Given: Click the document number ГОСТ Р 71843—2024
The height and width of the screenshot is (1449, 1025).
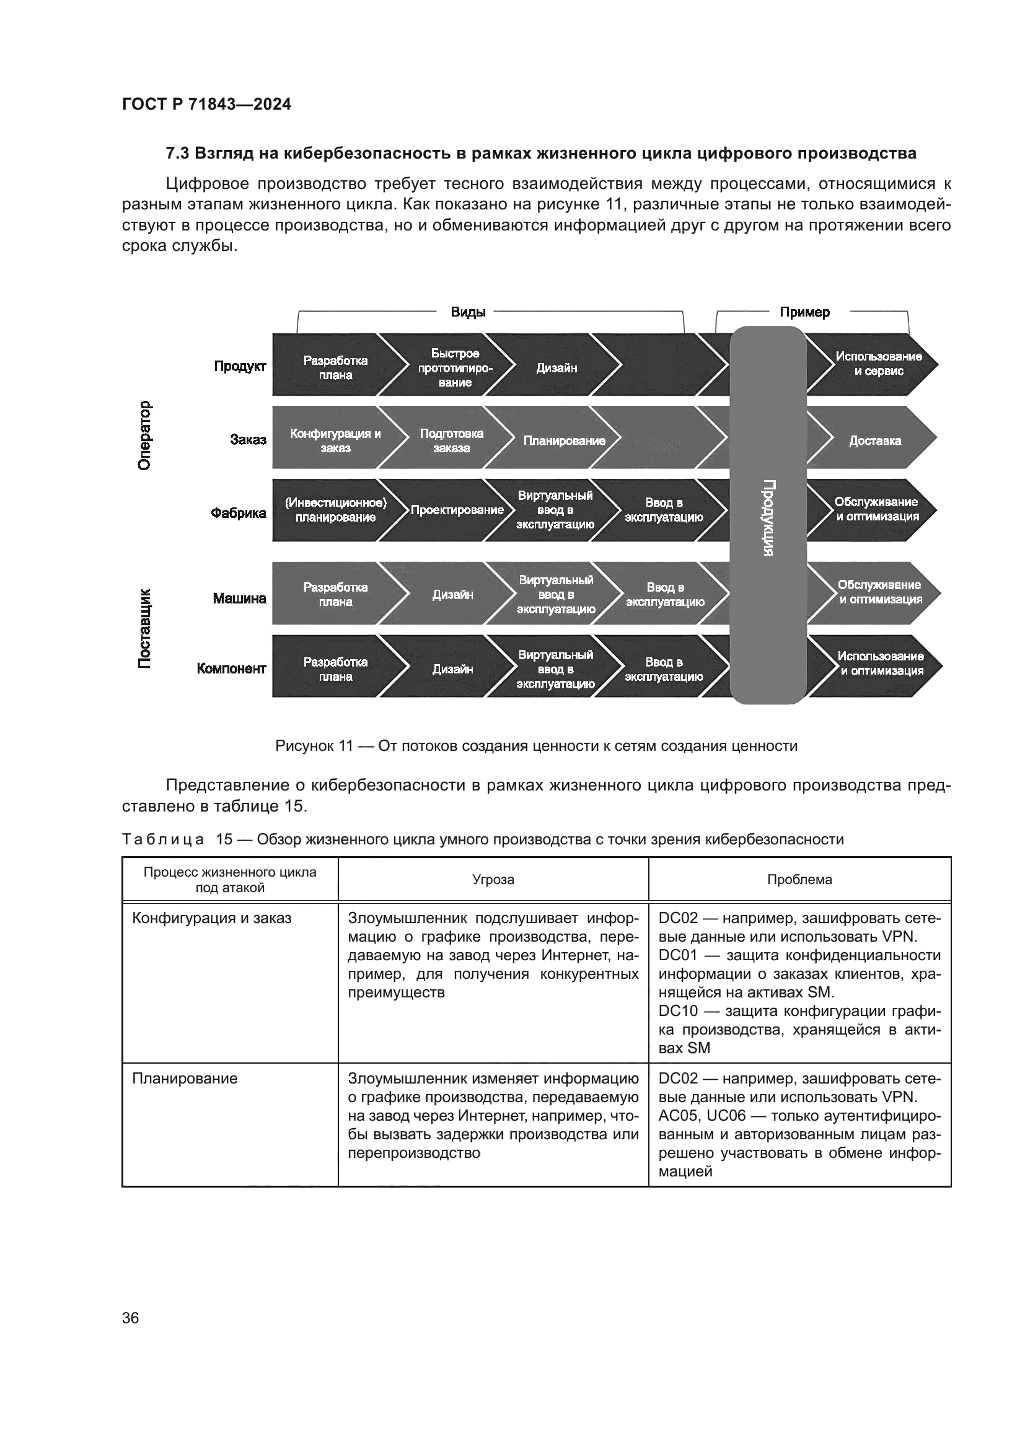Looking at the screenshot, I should (206, 104).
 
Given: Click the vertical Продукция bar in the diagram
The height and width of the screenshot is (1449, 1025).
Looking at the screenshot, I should (767, 515).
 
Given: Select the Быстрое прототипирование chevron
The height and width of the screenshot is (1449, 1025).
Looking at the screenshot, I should (454, 368).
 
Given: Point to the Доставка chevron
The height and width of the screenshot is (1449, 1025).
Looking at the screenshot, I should (874, 440).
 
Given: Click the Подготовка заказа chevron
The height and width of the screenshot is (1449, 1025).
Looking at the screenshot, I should (451, 440).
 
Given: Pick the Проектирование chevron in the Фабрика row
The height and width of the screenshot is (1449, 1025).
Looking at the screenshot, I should (457, 510).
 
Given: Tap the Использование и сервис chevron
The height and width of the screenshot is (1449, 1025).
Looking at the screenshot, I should (878, 364).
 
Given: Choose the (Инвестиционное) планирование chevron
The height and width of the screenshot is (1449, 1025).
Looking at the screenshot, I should (335, 510).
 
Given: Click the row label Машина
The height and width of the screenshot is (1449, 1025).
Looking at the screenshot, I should (239, 598).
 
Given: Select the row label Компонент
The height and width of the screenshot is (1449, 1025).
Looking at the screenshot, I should (231, 668).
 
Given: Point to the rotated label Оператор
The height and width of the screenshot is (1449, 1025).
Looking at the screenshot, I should (144, 436).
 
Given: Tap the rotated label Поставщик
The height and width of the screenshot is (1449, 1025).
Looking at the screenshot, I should (144, 628).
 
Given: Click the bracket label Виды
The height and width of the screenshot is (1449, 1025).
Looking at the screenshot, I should (468, 312).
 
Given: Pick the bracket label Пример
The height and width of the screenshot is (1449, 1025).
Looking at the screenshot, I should (804, 312).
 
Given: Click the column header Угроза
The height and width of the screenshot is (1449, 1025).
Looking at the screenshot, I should (493, 879).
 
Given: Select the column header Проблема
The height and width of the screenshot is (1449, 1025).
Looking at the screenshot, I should (799, 879).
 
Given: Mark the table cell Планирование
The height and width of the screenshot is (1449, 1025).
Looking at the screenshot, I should (185, 1079).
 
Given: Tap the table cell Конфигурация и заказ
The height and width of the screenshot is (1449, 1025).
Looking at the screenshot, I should (211, 918).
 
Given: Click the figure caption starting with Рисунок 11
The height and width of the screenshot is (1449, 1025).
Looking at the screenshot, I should (536, 746).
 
